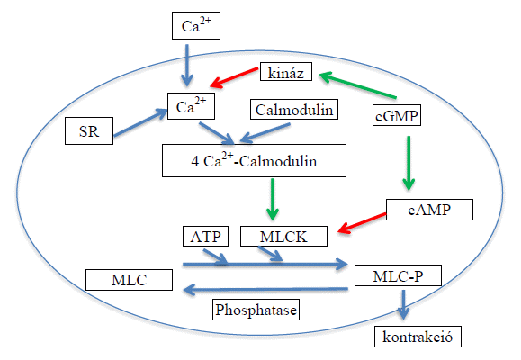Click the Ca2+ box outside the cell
(196, 25)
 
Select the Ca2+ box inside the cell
(191, 106)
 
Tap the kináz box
(286, 71)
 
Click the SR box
(89, 130)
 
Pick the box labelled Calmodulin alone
(294, 109)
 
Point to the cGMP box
(397, 115)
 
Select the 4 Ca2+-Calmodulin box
(254, 160)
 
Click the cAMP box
(429, 210)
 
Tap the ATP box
(205, 237)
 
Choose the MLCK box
(283, 237)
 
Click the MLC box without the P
(129, 280)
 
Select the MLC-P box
(398, 275)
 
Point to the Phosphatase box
(256, 310)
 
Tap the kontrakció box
(418, 337)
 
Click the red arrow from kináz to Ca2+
(234, 77)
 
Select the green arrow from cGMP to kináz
(357, 85)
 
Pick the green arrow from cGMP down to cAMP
(409, 163)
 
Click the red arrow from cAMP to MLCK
(362, 222)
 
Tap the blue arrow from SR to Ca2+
(140, 123)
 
